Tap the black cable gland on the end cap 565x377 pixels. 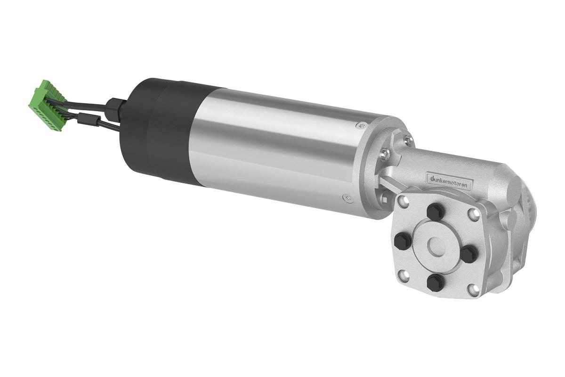click(x=115, y=109)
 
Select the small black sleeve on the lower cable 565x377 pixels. click(x=89, y=119)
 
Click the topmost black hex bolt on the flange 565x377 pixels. click(x=436, y=212)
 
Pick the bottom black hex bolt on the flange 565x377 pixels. click(x=436, y=282)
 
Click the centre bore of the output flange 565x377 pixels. click(x=436, y=246)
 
